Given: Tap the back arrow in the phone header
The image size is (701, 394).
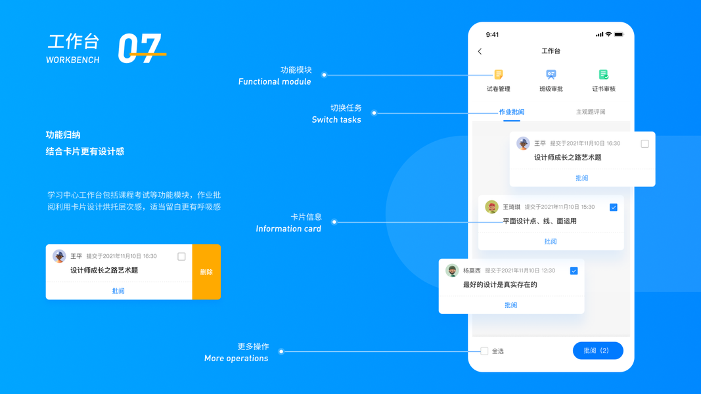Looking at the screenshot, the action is (x=480, y=51).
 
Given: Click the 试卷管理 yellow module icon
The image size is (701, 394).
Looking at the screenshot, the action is (x=499, y=74).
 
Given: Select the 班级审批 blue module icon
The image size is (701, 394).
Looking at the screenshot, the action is (x=551, y=74).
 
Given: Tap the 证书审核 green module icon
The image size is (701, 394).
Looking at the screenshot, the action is (x=603, y=74).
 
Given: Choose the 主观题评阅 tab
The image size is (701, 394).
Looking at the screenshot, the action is (x=590, y=112).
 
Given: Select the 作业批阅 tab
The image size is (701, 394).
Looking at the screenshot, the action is (x=511, y=112).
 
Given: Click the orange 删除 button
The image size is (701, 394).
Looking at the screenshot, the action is (x=206, y=272).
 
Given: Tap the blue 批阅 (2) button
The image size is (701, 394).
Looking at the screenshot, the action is (x=597, y=351).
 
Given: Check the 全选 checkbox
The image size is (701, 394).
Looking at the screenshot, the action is (x=484, y=351).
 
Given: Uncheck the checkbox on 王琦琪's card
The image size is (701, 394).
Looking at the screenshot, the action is (x=614, y=208).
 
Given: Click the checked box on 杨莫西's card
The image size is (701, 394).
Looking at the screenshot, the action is (x=574, y=271).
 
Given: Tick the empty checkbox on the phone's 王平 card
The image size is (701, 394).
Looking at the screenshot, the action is (x=644, y=144).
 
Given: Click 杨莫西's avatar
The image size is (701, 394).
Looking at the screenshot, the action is (x=452, y=271).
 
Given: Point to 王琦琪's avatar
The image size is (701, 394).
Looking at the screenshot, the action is (x=491, y=207).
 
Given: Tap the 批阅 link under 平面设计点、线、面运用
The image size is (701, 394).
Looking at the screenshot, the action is (x=551, y=242).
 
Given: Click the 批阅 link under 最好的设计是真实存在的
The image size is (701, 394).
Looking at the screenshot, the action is (x=510, y=305).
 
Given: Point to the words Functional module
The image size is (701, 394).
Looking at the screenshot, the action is (x=275, y=82).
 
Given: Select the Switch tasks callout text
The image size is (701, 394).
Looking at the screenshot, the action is (x=336, y=120).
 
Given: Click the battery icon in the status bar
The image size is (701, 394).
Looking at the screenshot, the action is (x=619, y=34).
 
